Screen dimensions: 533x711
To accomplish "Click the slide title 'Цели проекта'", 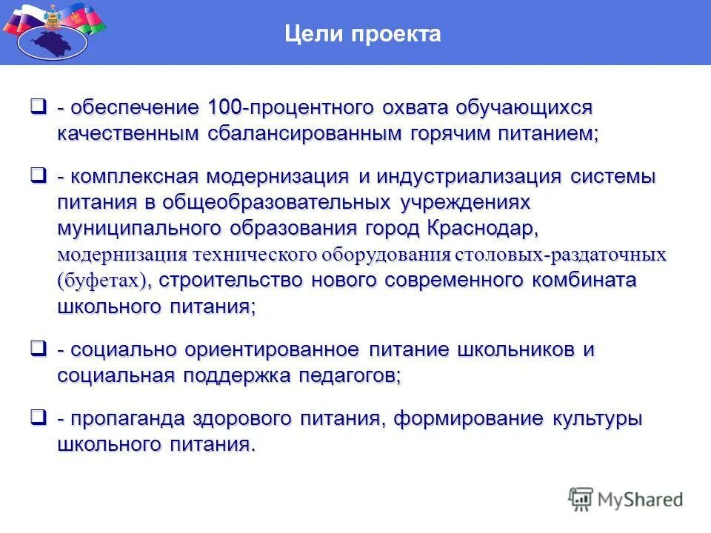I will (363, 34).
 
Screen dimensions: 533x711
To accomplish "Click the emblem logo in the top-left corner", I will (52, 33).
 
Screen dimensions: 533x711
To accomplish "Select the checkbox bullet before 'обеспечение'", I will (38, 107).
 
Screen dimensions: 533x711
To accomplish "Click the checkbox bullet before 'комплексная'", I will (38, 176).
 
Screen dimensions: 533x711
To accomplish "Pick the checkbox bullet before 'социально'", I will (38, 348).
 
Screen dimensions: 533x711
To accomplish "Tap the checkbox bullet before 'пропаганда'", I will (38, 418).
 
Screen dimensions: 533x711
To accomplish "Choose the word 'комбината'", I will (584, 281).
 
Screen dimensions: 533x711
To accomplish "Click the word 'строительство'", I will (230, 281).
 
